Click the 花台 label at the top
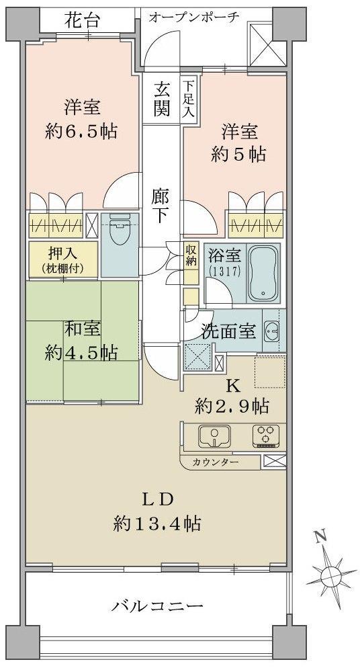coord(83,20)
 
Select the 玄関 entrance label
coord(161,99)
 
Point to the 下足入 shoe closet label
coord(189,99)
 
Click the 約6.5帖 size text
coord(83,130)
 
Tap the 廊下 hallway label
coord(160,206)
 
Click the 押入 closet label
coord(62,255)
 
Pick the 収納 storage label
coord(191,254)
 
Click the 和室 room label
coord(83,330)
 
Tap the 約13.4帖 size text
coord(158,523)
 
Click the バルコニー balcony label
coord(157,607)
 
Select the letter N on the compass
coord(320,537)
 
